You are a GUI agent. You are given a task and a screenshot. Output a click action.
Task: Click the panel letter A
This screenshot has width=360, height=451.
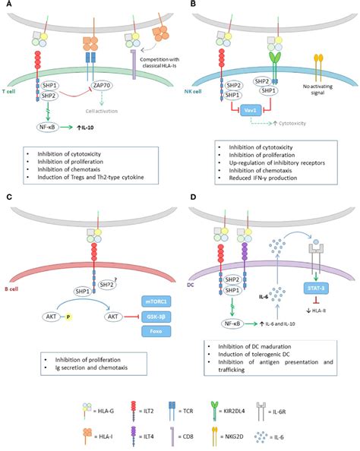(x=5, y=5)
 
